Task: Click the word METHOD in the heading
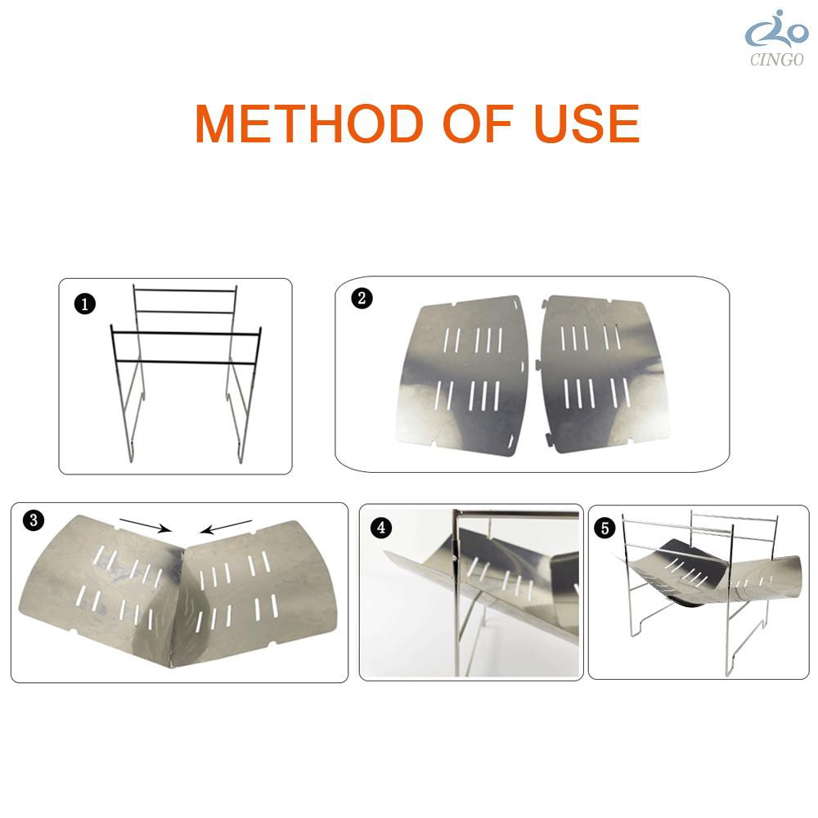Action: coord(309,124)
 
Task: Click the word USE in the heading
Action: coord(587,124)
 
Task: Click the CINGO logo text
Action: coord(777,60)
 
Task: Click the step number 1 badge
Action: coord(85,303)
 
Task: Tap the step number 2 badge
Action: coord(362,299)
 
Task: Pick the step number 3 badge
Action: coord(34,520)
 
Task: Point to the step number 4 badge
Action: coord(381,528)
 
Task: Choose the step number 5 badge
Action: coord(605,528)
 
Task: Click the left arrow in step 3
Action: coord(146,525)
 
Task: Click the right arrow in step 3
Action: coord(227,527)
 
